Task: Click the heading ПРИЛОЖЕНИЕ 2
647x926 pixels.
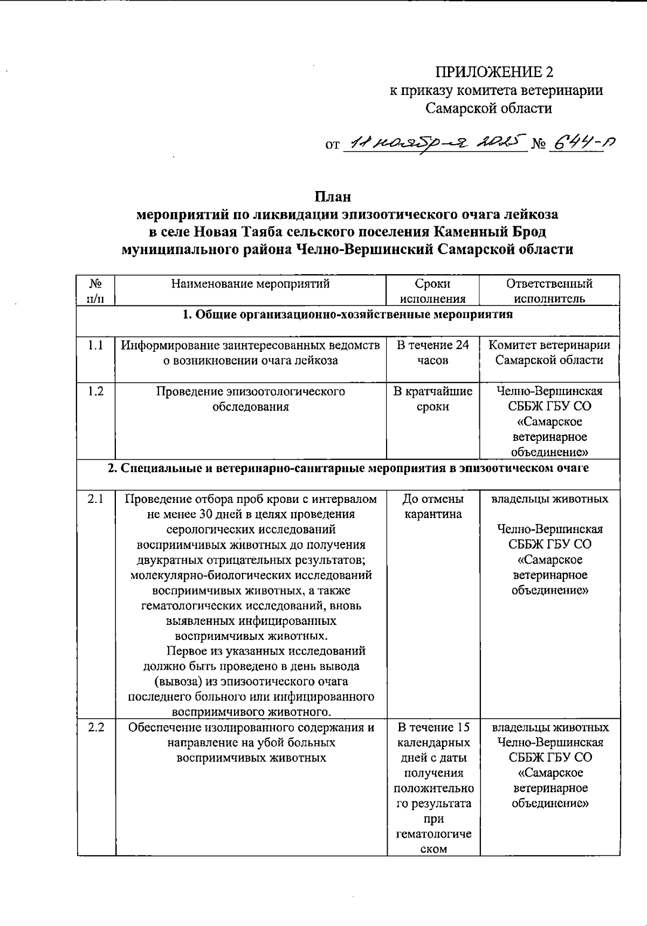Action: [x=494, y=72]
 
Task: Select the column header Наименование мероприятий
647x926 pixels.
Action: [x=250, y=284]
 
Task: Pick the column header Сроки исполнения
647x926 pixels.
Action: [x=432, y=291]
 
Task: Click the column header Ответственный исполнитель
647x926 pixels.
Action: [x=549, y=291]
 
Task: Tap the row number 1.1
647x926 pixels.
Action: [x=95, y=345]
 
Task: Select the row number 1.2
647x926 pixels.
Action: [x=95, y=391]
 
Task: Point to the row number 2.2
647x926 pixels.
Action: [x=95, y=727]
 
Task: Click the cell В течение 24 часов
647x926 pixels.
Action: [x=432, y=352]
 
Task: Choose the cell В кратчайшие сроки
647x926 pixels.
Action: [x=432, y=399]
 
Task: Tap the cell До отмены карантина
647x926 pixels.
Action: [x=432, y=506]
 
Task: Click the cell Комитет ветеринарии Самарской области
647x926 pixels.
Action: [x=549, y=352]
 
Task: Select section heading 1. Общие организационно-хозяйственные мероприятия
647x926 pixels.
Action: [x=347, y=315]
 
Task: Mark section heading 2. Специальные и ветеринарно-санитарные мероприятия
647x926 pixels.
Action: [x=347, y=468]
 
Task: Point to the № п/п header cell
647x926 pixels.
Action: [x=95, y=291]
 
